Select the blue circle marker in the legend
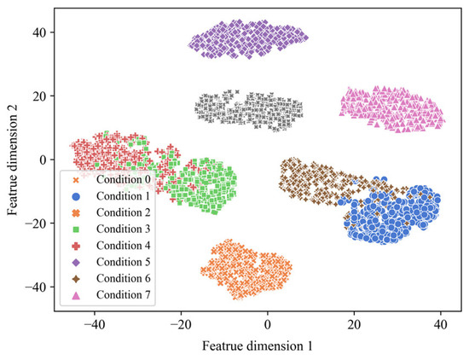pos(75,197)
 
